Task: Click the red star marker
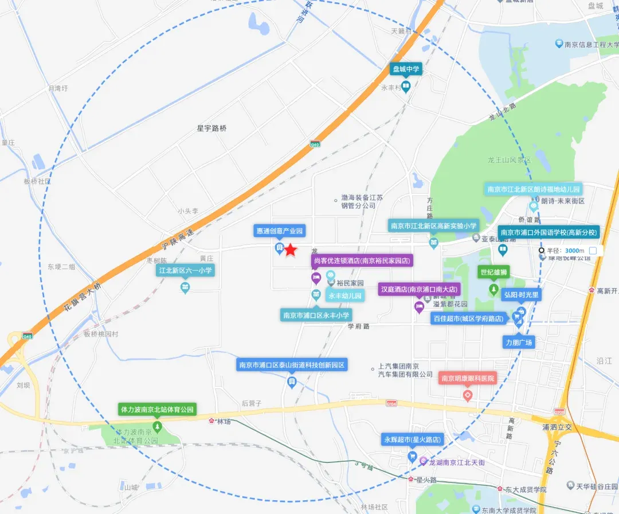coord(291,250)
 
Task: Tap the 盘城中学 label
coord(406,69)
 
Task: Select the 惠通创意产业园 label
coord(279,231)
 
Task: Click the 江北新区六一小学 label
coord(185,270)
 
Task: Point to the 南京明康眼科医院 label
coord(467,379)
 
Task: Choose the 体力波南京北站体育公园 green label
coord(158,410)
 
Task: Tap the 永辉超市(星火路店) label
coord(412,440)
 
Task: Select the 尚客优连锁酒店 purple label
coord(362,261)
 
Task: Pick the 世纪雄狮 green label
coord(495,272)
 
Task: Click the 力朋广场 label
coord(518,343)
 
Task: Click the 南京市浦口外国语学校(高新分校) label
coord(549,232)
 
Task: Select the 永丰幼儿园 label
coord(345,297)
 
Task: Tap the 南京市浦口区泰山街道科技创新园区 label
coord(292,365)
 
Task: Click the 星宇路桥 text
coord(211,128)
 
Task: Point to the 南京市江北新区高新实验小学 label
coord(433,226)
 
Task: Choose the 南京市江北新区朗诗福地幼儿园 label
coord(534,189)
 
